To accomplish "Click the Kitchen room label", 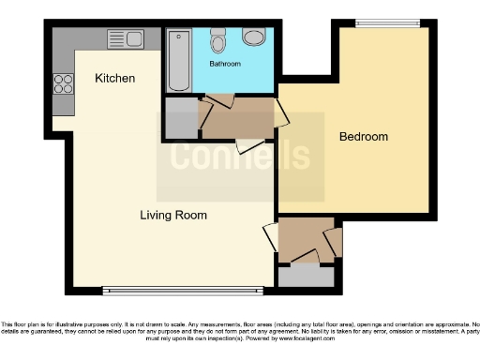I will pos(115,79).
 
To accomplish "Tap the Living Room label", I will pos(173,216).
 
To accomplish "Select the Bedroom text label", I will pos(364,137).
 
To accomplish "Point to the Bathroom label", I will pos(225,64).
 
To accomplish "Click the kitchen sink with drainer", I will pos(125,39).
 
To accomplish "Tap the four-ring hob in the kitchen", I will pos(64,83).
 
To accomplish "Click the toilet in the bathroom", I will pos(218,39).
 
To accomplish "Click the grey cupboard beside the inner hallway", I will pos(180,117).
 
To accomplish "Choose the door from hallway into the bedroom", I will pos(280,114).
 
